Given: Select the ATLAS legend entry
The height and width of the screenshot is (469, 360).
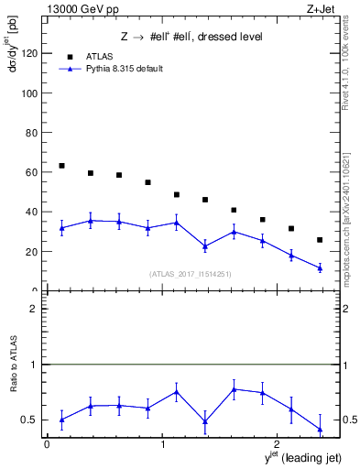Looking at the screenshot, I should click(102, 55).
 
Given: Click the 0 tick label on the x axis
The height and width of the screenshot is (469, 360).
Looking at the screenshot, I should click(47, 444).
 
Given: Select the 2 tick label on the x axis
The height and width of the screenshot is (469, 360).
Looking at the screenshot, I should click(278, 444).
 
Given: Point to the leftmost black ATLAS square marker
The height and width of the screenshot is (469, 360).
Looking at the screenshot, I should click(61, 166).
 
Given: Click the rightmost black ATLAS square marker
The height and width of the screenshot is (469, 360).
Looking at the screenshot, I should click(320, 240).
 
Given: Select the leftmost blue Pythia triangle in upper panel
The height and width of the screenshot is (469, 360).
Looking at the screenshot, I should click(61, 228).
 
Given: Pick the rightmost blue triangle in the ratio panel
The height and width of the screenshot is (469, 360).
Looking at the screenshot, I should click(320, 429).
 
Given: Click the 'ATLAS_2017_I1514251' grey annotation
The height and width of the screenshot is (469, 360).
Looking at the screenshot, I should click(190, 274).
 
